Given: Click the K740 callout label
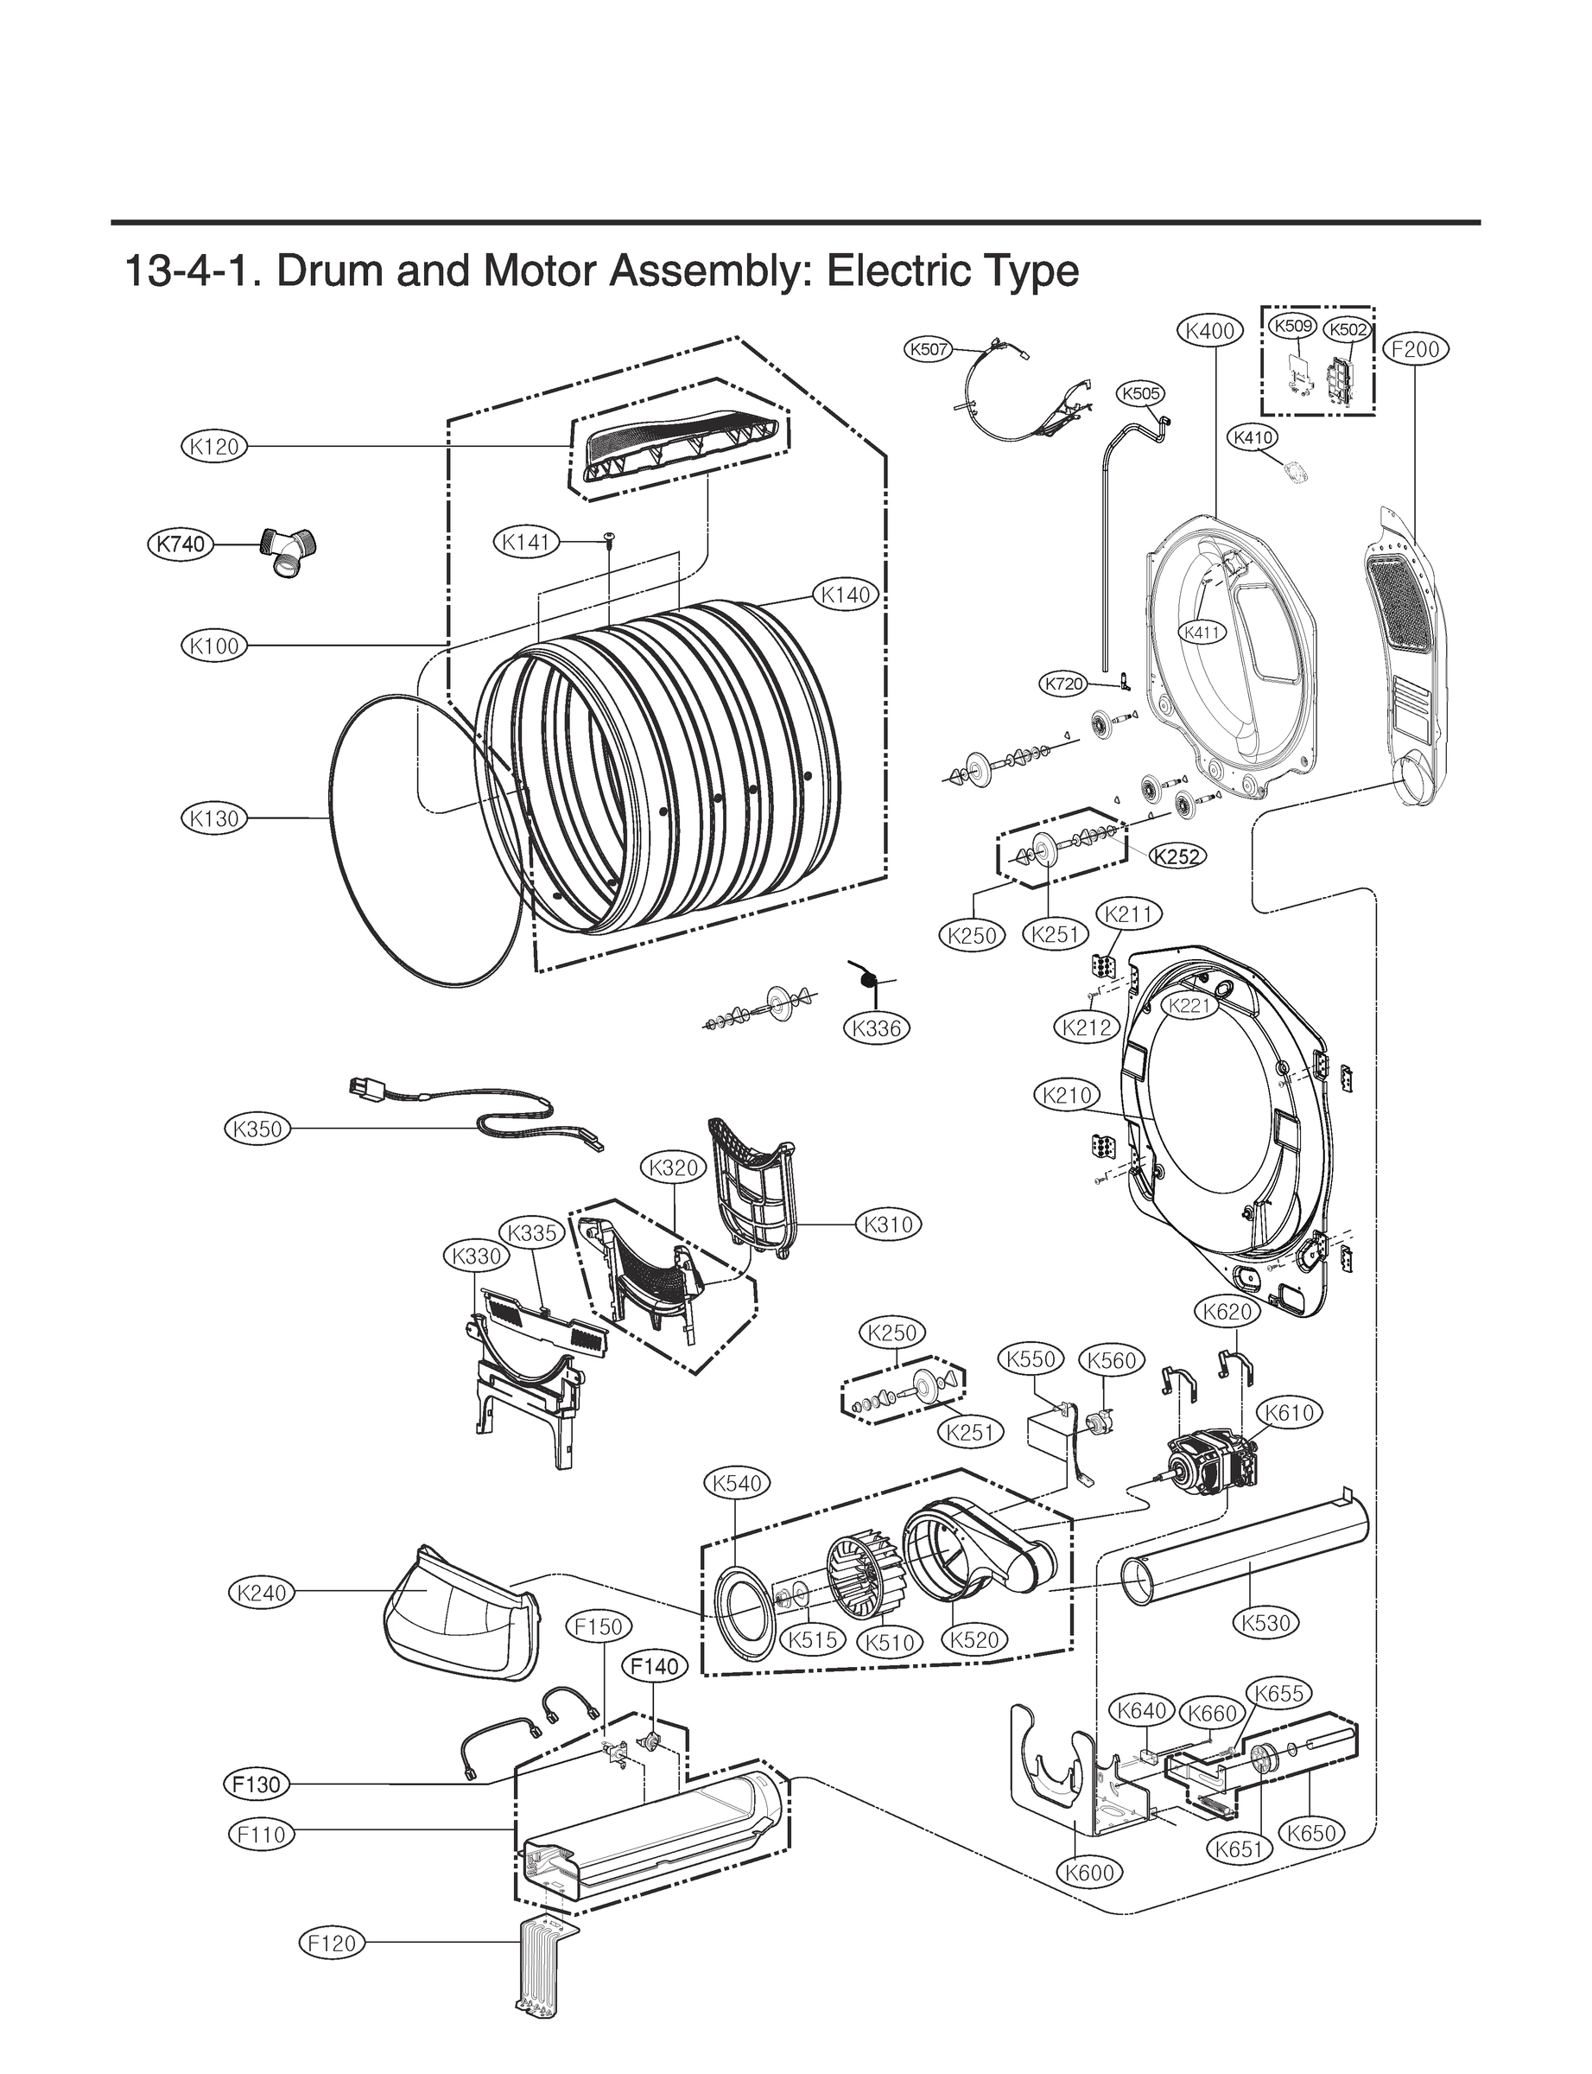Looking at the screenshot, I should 180,544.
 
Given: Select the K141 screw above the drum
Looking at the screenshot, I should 607,539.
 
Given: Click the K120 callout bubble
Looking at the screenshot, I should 213,447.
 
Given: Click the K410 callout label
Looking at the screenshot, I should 1253,438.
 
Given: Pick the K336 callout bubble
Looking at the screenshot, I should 877,1027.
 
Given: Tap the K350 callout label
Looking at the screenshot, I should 257,1129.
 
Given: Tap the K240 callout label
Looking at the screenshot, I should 262,1594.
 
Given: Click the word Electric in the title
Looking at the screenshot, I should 887,272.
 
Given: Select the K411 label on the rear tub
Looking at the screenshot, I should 1202,633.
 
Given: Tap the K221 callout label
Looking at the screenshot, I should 1189,1006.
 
